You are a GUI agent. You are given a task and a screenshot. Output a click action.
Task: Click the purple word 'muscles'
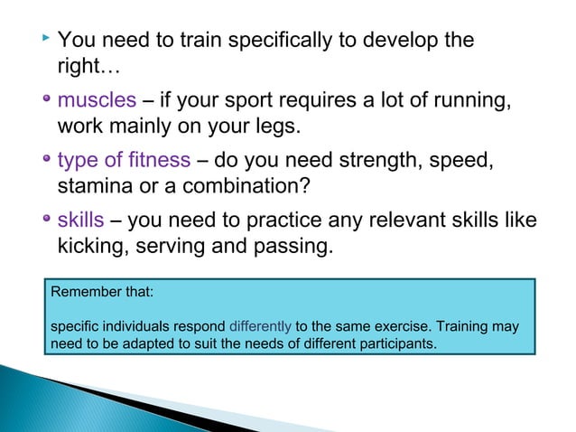click(x=97, y=99)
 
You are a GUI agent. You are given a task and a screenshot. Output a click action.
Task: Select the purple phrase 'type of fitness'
click(x=124, y=160)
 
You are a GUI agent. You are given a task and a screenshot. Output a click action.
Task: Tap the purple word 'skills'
click(x=80, y=221)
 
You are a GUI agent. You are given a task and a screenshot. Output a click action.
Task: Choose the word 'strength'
click(x=394, y=160)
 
